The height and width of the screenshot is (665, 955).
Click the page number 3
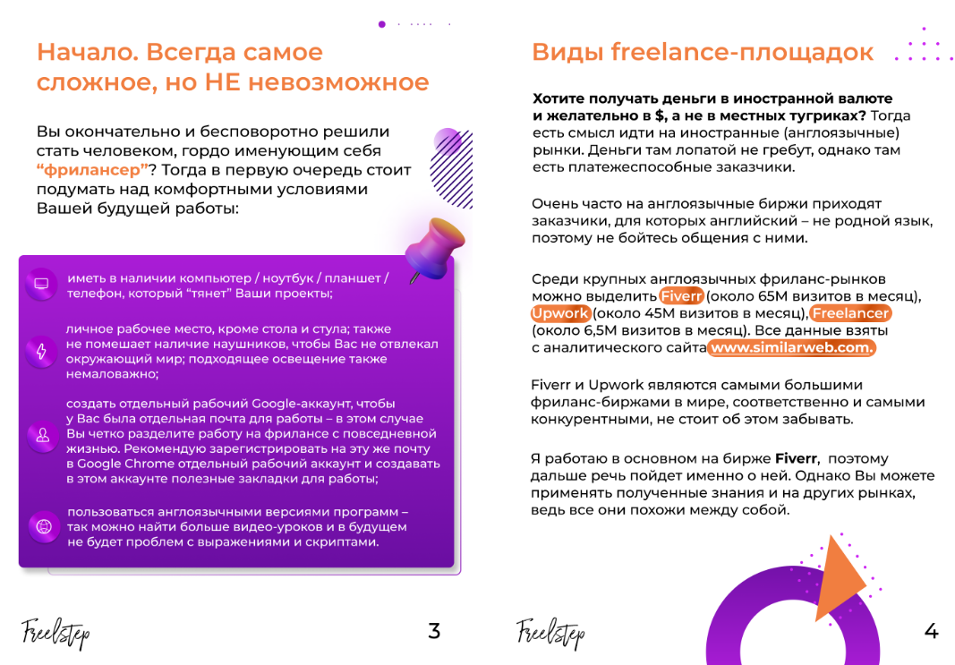point(434,631)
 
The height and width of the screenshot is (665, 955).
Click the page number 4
point(931,631)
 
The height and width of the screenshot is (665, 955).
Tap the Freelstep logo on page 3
point(55,633)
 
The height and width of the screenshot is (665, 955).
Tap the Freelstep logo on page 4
point(550,633)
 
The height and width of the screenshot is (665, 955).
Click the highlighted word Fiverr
point(682,296)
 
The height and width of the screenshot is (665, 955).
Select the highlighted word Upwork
point(560,313)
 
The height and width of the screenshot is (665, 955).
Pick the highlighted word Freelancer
point(850,313)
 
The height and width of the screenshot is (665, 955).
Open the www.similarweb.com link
point(791,347)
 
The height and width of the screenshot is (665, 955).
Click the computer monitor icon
point(41,284)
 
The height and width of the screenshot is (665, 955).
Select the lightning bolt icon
point(41,351)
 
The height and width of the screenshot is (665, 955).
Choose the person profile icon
point(41,437)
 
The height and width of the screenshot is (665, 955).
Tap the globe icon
point(41,527)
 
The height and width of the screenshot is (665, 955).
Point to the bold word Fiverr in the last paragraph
point(796,459)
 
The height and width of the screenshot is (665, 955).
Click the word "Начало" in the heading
point(85,52)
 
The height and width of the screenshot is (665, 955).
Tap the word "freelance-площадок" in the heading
point(742,52)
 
